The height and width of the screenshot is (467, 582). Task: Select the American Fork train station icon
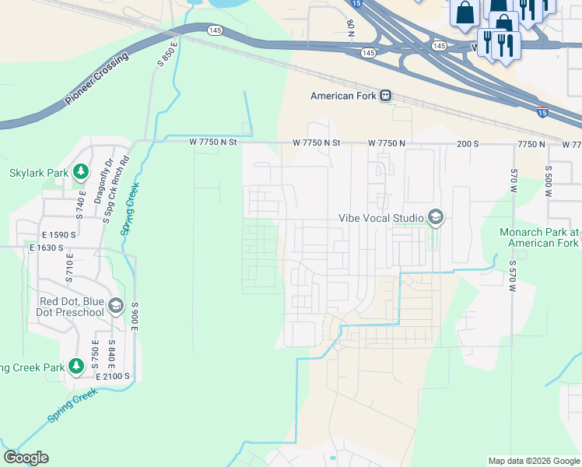(385, 96)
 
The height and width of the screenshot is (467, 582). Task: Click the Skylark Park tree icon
(79, 173)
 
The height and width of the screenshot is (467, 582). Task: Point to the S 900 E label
(135, 316)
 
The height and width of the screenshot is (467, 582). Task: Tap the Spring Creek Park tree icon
(75, 366)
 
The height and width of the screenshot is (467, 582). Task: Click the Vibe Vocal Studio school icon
(435, 218)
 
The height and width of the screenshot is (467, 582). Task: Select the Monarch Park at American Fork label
(540, 237)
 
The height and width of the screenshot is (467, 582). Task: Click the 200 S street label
(468, 144)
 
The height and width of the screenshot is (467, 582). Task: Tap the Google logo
(26, 458)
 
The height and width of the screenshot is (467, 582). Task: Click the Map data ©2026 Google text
(533, 461)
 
